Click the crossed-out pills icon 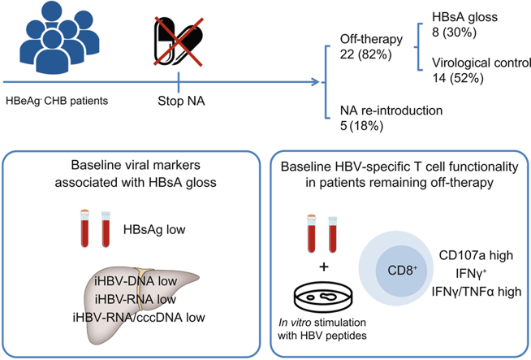[179, 41]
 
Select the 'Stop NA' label [181, 101]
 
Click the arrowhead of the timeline [315, 82]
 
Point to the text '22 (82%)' [365, 54]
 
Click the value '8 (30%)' [454, 33]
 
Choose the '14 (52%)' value [458, 78]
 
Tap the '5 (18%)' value [361, 126]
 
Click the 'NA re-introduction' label [391, 111]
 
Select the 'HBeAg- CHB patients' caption [57, 101]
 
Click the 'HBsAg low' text [154, 229]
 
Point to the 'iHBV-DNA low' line [136, 281]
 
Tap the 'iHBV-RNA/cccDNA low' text [139, 317]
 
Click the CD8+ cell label [403, 271]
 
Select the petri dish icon [324, 297]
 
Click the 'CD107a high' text [476, 255]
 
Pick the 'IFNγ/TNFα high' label [477, 292]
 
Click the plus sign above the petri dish [324, 267]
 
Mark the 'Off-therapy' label [372, 39]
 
